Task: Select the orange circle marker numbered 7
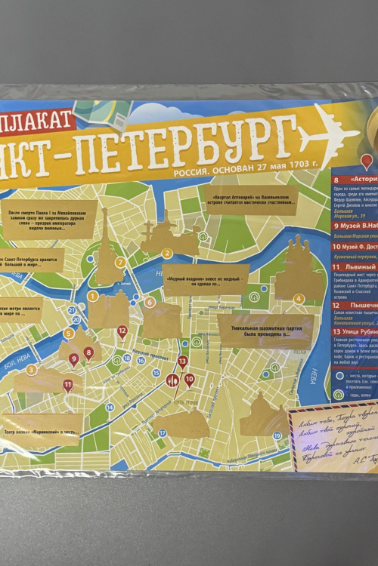[120, 262]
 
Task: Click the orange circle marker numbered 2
[168, 253]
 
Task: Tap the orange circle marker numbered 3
[31, 370]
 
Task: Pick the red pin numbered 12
[122, 331]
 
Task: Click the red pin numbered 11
[68, 386]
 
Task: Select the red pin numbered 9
[74, 359]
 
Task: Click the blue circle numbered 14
[110, 407]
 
